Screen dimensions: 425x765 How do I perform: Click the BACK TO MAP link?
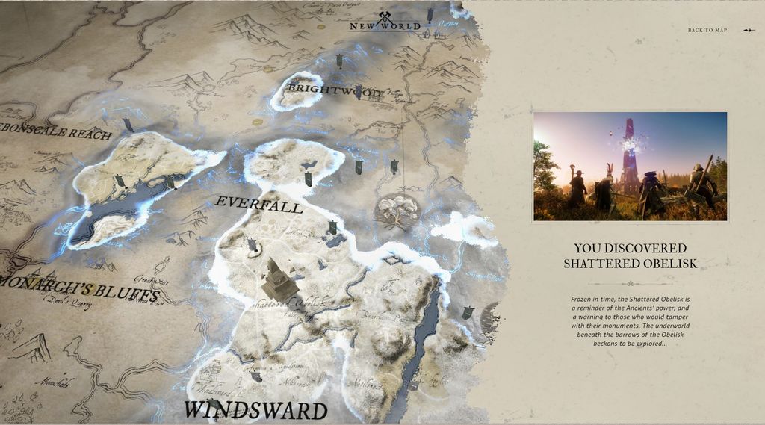[x=707, y=30]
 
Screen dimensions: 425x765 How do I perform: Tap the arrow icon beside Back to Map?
[x=749, y=30]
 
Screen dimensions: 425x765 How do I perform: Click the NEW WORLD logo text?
[x=385, y=27]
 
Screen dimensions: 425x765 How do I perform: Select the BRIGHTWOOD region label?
[x=334, y=91]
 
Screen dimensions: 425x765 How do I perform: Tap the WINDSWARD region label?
[x=256, y=410]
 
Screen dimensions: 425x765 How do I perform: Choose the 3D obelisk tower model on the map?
[x=277, y=280]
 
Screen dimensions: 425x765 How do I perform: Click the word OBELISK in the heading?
[x=664, y=263]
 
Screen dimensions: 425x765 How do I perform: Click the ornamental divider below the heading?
[x=630, y=283]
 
